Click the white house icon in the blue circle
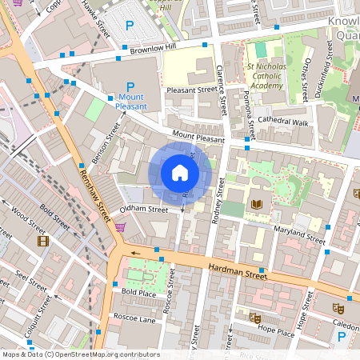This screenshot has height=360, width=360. [x=180, y=172]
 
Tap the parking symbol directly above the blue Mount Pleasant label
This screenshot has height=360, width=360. [x=130, y=87]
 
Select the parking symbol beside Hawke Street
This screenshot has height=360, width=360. [x=130, y=26]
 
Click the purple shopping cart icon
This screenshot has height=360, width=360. [x=120, y=227]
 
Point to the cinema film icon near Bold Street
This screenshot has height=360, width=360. [x=42, y=240]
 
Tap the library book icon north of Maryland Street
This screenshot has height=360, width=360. [x=257, y=205]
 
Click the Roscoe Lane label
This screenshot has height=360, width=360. [x=134, y=318]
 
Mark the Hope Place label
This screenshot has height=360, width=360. [x=276, y=329]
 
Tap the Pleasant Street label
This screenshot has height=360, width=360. [x=191, y=90]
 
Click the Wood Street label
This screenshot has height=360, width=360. [x=30, y=218]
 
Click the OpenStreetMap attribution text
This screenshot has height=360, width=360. [x=80, y=354]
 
